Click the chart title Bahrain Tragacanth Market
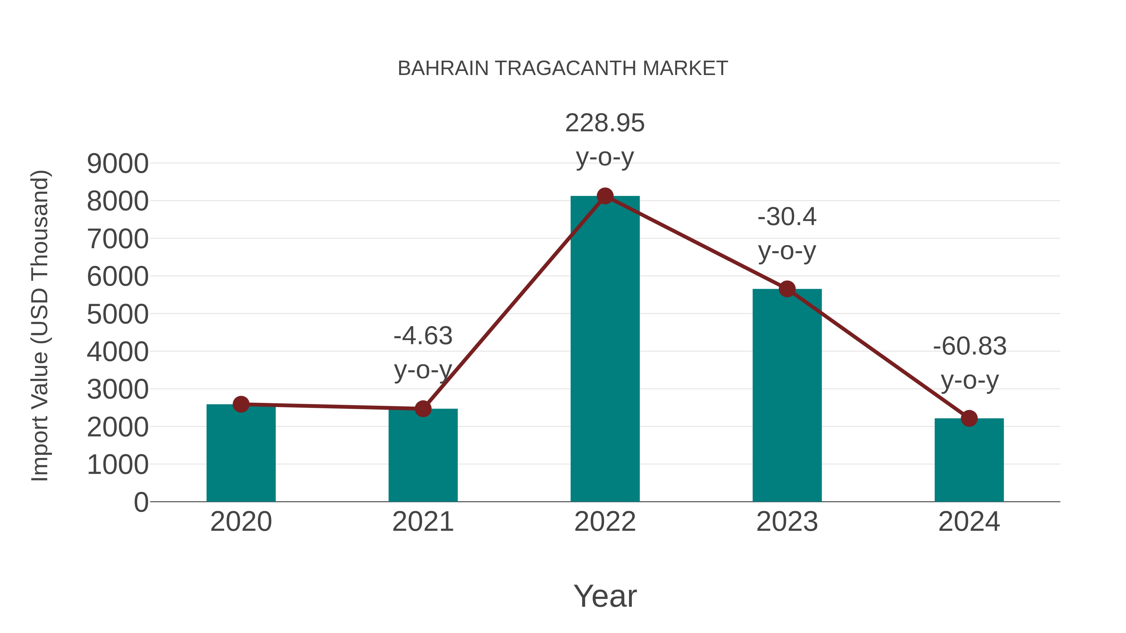[x=563, y=68]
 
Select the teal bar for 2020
[x=241, y=454]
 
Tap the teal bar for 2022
[x=605, y=349]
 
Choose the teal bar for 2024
[x=969, y=461]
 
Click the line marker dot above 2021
[x=423, y=409]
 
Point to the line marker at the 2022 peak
[x=605, y=196]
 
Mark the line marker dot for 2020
[x=241, y=404]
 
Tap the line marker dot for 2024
[x=969, y=419]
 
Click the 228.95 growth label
[x=605, y=123]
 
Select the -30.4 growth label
[x=787, y=217]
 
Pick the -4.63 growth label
[x=423, y=336]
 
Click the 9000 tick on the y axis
[x=118, y=164]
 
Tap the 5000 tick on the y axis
[x=118, y=314]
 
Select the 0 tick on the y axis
[x=141, y=502]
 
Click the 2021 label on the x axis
[x=423, y=522]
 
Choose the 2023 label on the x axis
[x=787, y=522]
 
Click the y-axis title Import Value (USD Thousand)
[x=40, y=325]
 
